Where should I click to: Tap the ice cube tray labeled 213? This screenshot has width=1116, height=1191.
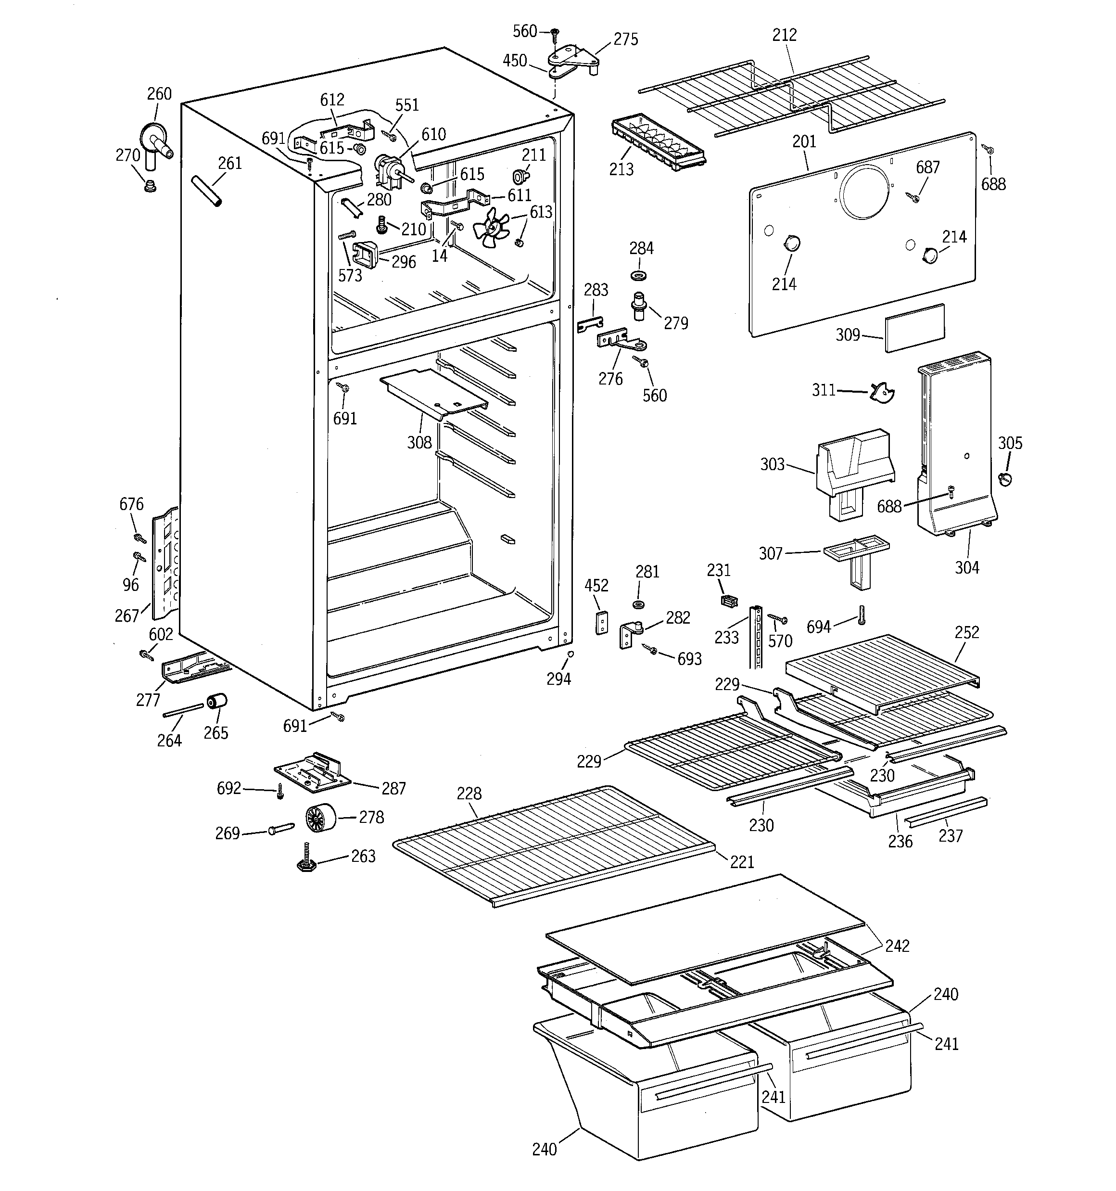click(658, 144)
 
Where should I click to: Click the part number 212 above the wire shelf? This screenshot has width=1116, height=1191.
click(784, 35)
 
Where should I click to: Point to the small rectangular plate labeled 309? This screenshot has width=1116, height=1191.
click(914, 327)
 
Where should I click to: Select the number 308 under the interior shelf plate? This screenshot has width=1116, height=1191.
click(419, 442)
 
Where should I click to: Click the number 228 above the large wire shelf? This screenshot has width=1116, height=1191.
click(469, 794)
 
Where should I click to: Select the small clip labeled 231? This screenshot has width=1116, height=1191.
click(728, 600)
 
